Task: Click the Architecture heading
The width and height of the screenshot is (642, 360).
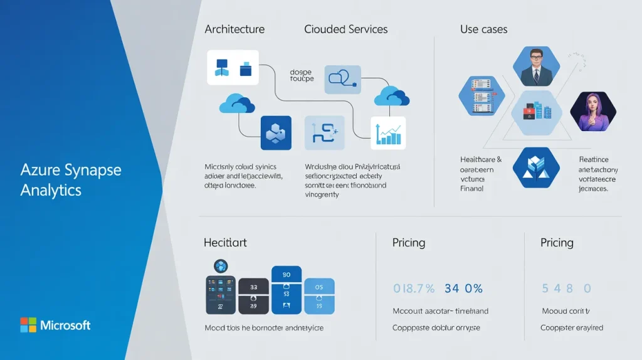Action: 234,29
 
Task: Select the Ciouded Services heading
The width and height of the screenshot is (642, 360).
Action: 345,29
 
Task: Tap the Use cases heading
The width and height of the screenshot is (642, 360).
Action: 483,29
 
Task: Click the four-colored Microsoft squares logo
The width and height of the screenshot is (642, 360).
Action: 28,325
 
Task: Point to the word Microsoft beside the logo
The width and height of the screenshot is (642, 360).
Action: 65,325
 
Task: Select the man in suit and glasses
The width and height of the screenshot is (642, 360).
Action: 536,66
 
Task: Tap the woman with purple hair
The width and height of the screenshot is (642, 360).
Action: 592,111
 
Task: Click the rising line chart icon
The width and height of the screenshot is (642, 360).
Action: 388,132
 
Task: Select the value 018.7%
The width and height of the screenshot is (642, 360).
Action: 414,289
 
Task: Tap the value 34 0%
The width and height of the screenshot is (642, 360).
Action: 463,289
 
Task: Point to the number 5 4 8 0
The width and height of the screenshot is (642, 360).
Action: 566,289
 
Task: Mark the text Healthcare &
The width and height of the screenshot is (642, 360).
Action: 481,160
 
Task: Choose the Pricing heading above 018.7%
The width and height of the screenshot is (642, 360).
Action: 409,242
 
